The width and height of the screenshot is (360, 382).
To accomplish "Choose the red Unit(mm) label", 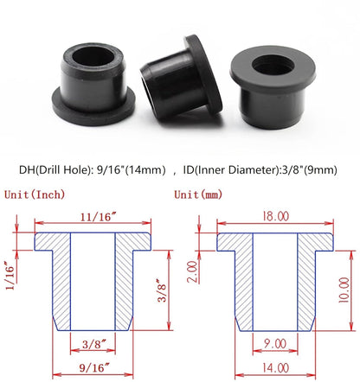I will coord(200,194).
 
